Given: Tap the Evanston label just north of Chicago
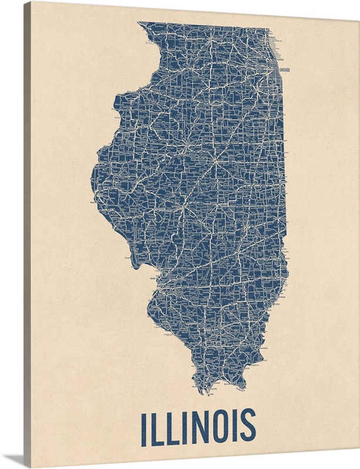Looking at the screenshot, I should coord(280,59).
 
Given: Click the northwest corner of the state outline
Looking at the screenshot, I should coord(138,23).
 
